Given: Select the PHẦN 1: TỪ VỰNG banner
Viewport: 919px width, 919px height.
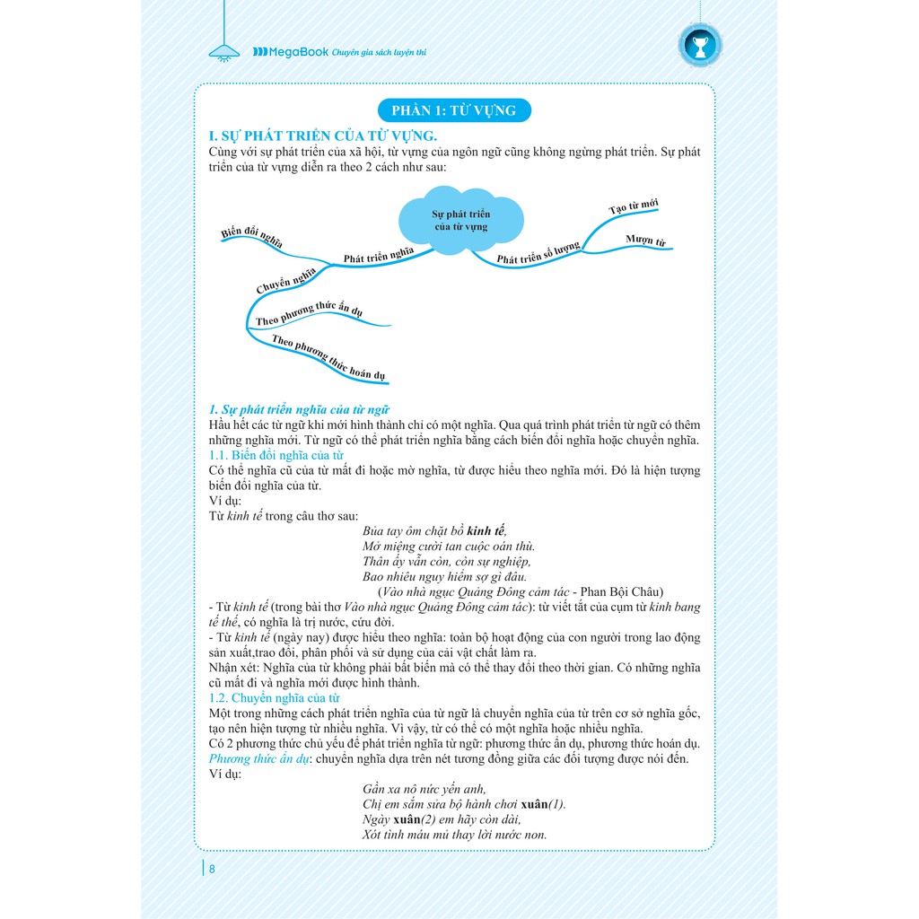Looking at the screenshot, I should pos(454,110).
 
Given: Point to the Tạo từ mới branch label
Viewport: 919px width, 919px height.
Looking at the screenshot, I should pos(634,206).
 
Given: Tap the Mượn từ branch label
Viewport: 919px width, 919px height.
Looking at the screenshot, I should pos(645,241).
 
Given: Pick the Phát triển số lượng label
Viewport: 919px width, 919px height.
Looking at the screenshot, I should pos(538,254).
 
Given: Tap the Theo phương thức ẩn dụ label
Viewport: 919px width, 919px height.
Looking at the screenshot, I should pos(308,314).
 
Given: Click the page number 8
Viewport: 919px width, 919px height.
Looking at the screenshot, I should pos(212,868).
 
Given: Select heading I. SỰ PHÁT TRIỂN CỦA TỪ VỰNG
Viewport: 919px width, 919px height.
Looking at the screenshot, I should pos(322,136).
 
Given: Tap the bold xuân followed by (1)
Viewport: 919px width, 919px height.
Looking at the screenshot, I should pos(534,803).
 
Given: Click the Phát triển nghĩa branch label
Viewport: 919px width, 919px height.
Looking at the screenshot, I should pos(379,255).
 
